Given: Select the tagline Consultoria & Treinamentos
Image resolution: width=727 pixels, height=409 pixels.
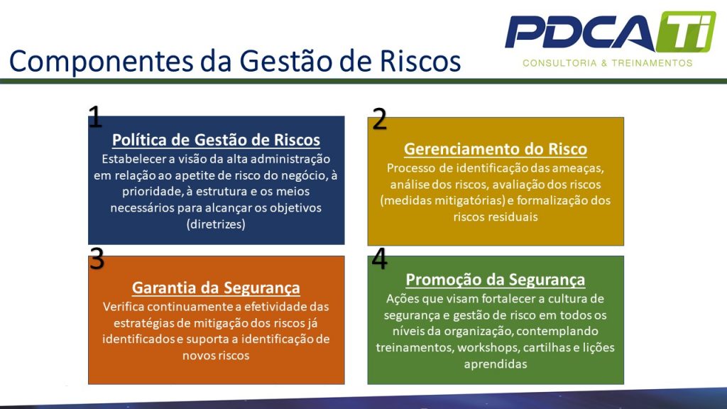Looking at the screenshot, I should tap(607, 63).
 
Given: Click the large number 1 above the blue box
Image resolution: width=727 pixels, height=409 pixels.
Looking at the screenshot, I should tap(95, 117).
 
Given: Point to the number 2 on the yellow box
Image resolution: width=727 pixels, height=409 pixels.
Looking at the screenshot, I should tap(380, 119).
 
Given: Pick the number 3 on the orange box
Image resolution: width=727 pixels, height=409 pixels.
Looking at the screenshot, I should tap(97, 259).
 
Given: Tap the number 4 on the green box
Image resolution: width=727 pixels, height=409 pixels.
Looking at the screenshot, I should tap(380, 259).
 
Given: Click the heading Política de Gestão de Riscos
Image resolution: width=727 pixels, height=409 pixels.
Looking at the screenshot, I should tap(216, 140).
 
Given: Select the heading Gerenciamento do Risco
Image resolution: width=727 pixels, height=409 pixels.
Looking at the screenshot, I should tap(496, 149).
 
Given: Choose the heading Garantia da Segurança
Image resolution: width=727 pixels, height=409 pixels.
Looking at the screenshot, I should tap(216, 288).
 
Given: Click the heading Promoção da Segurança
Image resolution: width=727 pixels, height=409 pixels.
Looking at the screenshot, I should tap(496, 279).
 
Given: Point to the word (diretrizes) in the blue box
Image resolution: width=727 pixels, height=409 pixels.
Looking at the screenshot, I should tap(216, 224).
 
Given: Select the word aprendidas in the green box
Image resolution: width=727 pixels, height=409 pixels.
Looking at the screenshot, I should tap(496, 364).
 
